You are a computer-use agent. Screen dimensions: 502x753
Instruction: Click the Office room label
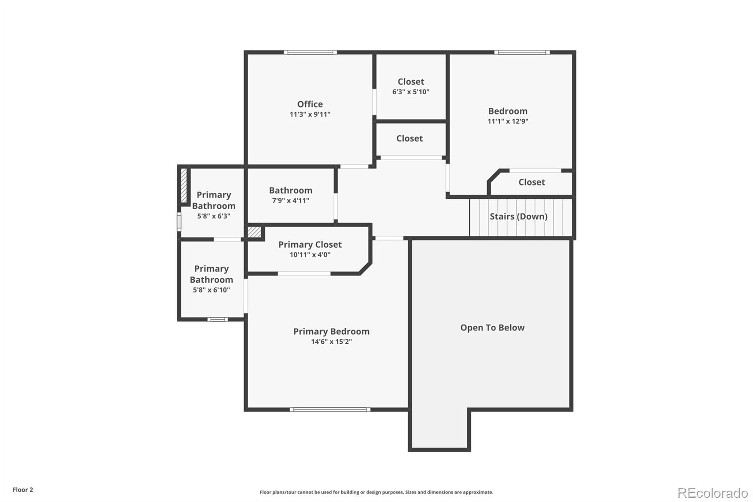(x=310, y=104)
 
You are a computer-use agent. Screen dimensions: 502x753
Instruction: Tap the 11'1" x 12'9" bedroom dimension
(x=508, y=121)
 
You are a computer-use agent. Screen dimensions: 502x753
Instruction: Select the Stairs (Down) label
(x=518, y=217)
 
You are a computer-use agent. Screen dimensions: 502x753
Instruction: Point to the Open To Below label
(x=492, y=328)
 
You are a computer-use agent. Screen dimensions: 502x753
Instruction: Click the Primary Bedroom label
(x=331, y=332)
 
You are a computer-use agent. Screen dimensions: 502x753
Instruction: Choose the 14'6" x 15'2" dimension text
(x=331, y=342)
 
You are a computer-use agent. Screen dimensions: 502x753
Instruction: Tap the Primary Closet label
(x=310, y=244)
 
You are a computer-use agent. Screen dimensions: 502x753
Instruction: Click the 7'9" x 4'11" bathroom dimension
(x=290, y=201)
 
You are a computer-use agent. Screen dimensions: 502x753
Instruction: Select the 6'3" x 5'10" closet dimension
(x=411, y=92)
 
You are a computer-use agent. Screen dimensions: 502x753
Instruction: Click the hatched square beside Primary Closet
(x=254, y=232)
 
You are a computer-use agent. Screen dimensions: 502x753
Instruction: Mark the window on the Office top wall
(x=310, y=52)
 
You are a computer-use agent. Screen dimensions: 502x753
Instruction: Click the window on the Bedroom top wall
(x=521, y=52)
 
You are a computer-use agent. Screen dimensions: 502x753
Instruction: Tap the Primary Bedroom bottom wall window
(x=330, y=409)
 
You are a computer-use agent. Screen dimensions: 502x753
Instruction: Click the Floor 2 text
(x=23, y=490)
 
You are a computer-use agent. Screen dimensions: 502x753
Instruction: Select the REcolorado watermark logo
(x=713, y=493)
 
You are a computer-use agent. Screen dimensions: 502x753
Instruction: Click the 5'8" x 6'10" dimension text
(x=211, y=290)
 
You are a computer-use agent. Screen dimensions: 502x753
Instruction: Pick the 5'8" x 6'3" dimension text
(x=214, y=217)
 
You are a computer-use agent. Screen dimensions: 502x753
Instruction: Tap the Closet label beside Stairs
(x=531, y=182)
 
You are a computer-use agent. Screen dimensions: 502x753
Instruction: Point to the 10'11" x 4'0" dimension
(x=310, y=255)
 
